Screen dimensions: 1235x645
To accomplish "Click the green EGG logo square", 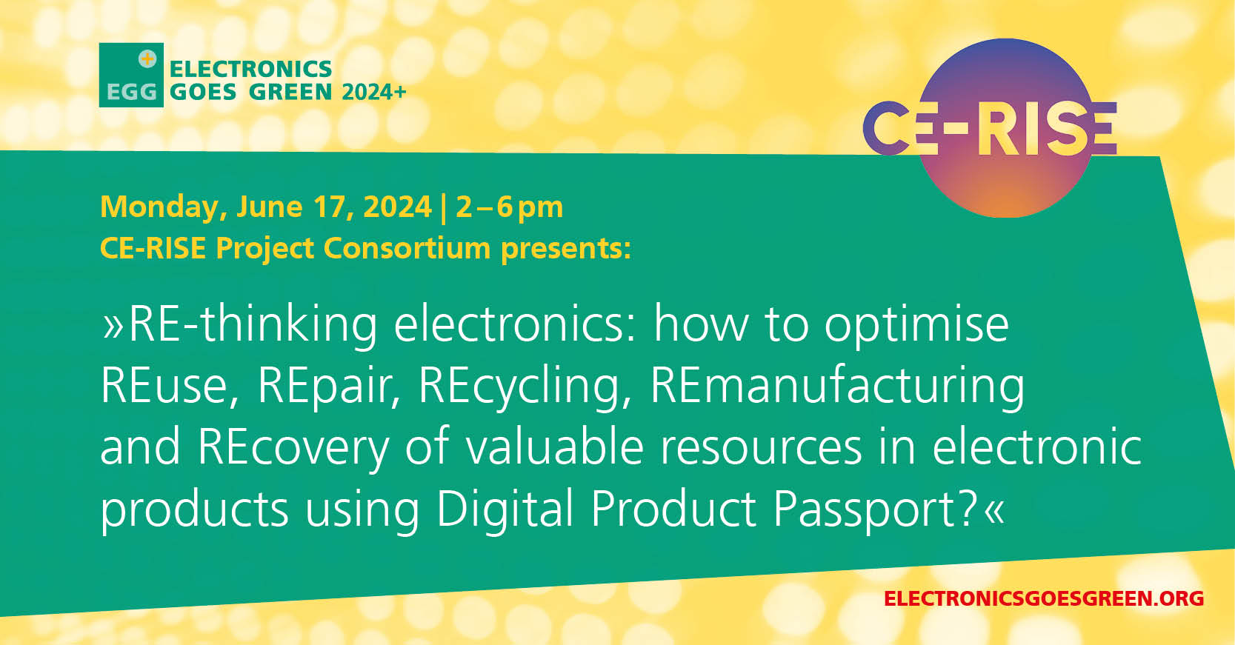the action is tap(131, 75).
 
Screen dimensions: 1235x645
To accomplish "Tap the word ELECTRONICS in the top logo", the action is tap(251, 69).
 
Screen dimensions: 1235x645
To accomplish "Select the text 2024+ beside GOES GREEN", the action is tap(374, 92).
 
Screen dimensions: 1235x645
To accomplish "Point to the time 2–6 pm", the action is tap(510, 208).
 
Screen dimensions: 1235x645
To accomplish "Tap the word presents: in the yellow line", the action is tap(566, 250).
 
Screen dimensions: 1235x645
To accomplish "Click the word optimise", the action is tap(916, 325).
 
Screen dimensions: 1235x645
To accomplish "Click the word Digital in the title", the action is tap(505, 509).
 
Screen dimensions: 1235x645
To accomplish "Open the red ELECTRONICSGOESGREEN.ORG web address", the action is tap(1044, 598).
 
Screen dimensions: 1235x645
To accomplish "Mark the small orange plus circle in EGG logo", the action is tap(147, 59).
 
